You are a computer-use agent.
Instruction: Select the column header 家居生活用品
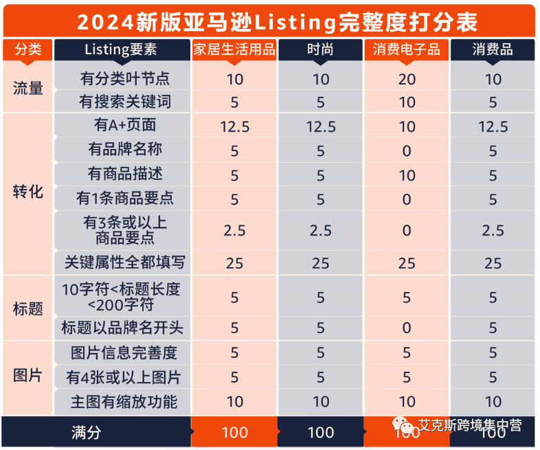234,50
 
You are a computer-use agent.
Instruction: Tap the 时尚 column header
321,50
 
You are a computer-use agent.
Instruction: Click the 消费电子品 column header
407,50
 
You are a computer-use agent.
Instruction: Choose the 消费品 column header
493,50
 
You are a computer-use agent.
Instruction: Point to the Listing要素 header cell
121,50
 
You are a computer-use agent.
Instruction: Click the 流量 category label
28,89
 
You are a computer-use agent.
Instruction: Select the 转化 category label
28,192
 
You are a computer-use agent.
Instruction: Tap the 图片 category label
28,376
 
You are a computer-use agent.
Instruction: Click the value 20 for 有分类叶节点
407,79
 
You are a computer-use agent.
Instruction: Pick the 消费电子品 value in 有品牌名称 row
407,150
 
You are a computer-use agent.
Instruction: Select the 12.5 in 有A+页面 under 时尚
321,127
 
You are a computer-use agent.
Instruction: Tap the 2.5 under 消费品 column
493,230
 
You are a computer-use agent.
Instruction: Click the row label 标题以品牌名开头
122,328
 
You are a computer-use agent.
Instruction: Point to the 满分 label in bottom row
87,432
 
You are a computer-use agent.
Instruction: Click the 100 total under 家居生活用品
234,433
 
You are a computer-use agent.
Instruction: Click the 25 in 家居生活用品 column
234,263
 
